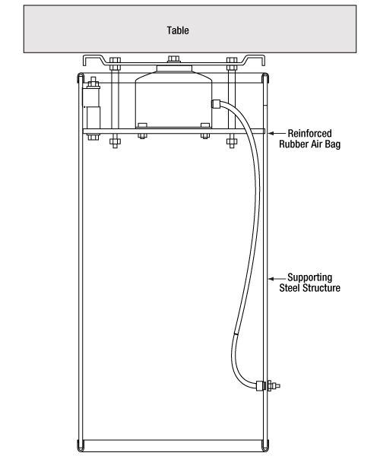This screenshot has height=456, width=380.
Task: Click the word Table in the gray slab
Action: click(x=178, y=30)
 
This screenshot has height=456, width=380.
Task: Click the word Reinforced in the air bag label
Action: click(x=309, y=134)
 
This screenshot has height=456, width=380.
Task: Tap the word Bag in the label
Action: click(x=333, y=144)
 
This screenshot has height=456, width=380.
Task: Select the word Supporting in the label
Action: click(x=309, y=277)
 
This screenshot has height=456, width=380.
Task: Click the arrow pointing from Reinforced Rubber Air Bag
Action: click(x=277, y=134)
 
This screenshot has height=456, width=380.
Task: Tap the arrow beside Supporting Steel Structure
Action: click(x=277, y=279)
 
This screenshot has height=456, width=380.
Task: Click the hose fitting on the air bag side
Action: click(x=216, y=104)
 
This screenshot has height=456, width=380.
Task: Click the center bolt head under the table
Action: click(x=173, y=59)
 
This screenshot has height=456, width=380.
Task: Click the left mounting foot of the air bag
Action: click(x=142, y=125)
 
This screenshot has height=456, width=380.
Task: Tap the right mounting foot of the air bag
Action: click(x=205, y=125)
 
